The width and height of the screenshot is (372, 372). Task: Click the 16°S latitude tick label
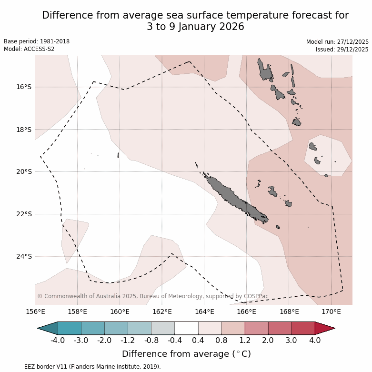point(24,87)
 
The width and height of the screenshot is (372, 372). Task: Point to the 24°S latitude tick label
point(24,256)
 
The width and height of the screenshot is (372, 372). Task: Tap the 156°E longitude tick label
point(35,312)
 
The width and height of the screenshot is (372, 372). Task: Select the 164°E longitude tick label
point(204,312)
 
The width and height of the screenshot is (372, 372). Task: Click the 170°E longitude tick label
point(331,312)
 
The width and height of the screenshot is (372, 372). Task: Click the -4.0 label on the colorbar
point(58,341)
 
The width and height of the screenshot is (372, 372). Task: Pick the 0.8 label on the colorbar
point(221,341)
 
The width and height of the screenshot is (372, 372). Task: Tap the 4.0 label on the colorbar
point(315,341)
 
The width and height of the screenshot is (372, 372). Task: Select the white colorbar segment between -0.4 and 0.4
point(186,328)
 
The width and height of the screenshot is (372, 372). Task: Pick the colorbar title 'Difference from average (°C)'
point(186,354)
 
